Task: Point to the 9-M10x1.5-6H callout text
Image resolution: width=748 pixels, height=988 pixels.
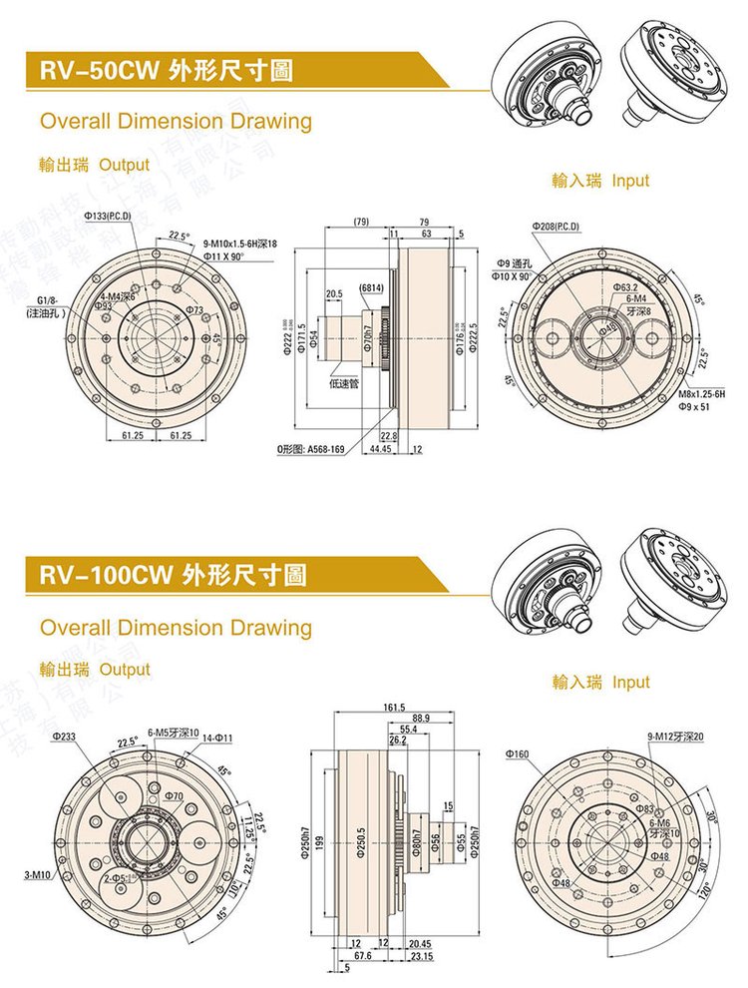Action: tap(239, 244)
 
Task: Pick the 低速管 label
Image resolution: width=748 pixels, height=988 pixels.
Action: tap(345, 382)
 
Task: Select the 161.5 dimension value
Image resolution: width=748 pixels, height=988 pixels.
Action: tap(393, 708)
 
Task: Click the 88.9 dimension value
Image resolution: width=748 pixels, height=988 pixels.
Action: tap(420, 719)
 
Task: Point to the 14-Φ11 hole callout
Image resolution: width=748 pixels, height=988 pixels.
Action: tap(217, 738)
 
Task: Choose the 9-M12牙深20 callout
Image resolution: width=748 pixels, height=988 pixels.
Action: tap(674, 737)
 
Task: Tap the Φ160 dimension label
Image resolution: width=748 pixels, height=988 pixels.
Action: tap(517, 754)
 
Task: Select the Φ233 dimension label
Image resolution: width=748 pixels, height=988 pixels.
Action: tap(62, 737)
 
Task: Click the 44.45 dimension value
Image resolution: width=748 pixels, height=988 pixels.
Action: tap(380, 450)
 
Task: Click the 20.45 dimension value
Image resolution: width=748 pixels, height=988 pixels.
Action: tap(420, 943)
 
